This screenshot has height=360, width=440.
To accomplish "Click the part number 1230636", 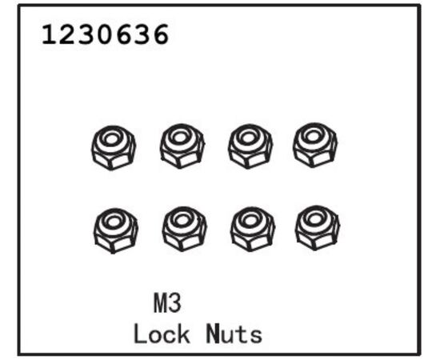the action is (x=106, y=34).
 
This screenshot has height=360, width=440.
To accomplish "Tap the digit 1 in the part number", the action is (x=48, y=34).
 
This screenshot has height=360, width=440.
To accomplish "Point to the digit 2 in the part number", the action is (x=66, y=34).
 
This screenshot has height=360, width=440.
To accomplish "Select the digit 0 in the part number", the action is (x=106, y=34).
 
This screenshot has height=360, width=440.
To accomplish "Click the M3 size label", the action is (x=167, y=303).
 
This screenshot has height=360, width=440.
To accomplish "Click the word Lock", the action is (x=162, y=334).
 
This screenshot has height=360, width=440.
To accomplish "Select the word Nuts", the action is (x=234, y=334).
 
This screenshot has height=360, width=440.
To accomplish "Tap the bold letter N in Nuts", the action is (x=213, y=334).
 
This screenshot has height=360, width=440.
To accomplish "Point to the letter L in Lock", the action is (x=139, y=334).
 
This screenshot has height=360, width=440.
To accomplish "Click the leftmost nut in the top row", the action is (x=114, y=147).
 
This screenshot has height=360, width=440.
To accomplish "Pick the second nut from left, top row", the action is (x=182, y=146).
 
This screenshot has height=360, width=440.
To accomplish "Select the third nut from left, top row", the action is (x=250, y=146).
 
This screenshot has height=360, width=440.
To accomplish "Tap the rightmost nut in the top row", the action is (x=315, y=145).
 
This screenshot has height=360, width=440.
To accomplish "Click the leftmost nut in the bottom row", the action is (x=116, y=230).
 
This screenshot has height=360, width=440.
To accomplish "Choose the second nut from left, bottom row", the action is (x=184, y=229).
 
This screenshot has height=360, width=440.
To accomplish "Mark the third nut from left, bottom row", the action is (x=252, y=229).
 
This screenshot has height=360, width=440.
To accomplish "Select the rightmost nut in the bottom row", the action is (x=317, y=228).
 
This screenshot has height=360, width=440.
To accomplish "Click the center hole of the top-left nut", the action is (x=111, y=139).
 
